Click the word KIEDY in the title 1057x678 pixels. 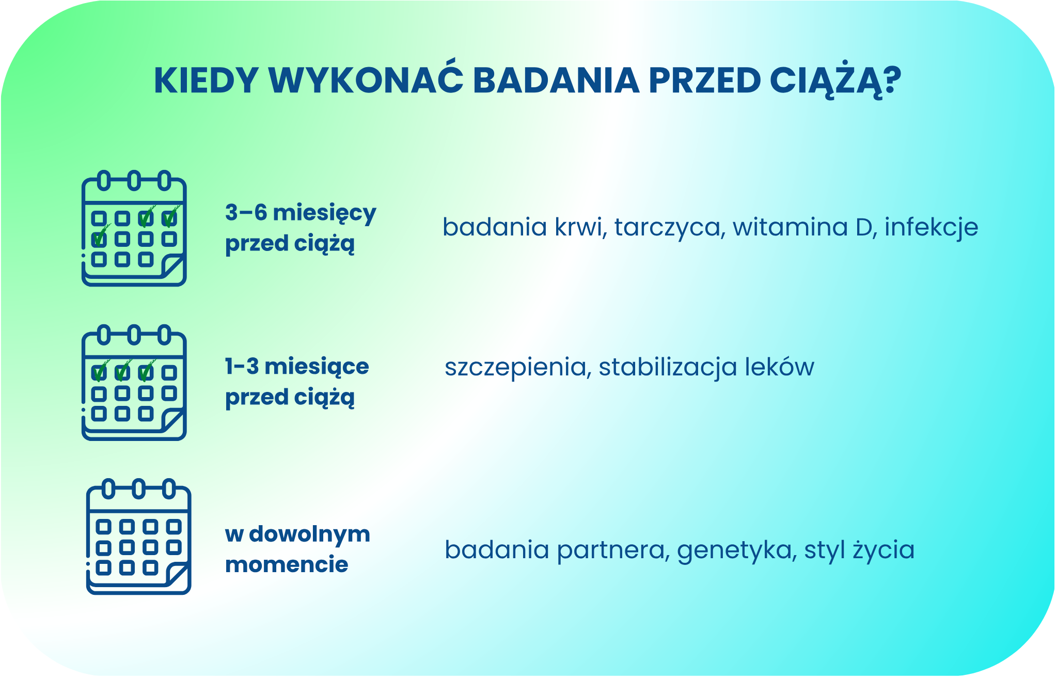(206, 81)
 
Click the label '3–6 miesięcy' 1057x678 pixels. (301, 213)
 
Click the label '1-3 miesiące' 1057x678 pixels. (297, 367)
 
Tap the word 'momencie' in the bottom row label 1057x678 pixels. (287, 564)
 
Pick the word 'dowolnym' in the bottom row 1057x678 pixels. (309, 534)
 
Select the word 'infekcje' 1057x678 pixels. (931, 228)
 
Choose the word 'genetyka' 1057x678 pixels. (734, 550)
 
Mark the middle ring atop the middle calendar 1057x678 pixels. (134, 335)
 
